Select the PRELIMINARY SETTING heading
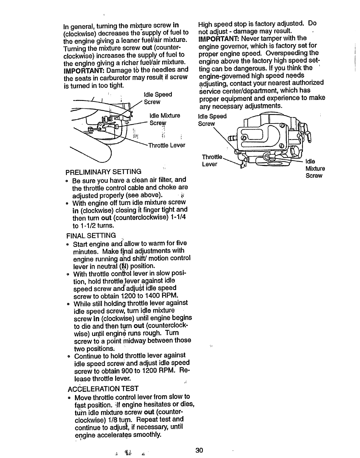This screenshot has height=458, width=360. click(x=103, y=172)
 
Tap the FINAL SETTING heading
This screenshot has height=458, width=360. click(x=91, y=235)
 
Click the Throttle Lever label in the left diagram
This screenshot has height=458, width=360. click(x=166, y=145)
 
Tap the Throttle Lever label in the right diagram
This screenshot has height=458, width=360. click(x=211, y=160)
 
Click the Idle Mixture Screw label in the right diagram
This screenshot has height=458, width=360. click(x=315, y=168)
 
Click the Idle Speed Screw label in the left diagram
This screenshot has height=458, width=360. click(x=158, y=98)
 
